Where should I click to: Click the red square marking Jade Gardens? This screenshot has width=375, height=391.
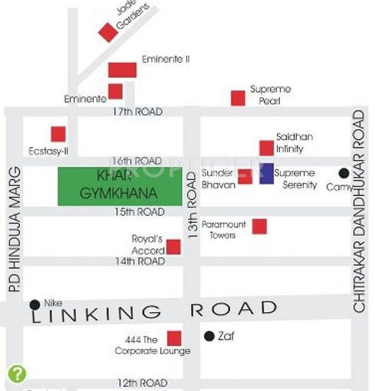click(107, 32)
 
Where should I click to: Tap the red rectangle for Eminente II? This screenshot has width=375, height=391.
click(122, 70)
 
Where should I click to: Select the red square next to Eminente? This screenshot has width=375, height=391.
click(115, 92)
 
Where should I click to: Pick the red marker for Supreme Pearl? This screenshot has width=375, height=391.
click(238, 98)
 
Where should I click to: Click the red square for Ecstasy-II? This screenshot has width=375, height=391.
click(58, 134)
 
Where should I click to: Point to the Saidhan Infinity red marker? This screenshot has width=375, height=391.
click(266, 148)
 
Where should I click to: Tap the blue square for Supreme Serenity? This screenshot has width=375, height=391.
click(266, 174)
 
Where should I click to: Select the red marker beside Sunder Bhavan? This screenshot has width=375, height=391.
click(245, 177)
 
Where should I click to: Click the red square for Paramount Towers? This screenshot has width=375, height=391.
click(259, 226)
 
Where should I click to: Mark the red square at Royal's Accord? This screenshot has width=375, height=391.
click(173, 246)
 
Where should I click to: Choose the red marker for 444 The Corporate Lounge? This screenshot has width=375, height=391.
click(174, 337)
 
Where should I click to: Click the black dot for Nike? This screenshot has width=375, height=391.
click(35, 304)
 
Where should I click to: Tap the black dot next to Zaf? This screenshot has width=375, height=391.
click(209, 335)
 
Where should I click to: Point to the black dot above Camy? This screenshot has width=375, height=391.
click(344, 173)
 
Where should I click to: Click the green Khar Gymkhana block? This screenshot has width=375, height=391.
click(120, 185)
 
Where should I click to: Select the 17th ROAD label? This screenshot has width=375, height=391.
click(137, 112)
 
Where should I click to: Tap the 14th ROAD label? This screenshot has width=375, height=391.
click(140, 262)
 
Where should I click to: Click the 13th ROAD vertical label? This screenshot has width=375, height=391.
click(192, 211)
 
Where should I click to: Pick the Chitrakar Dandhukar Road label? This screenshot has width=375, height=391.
click(359, 210)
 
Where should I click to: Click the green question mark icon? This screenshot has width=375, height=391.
click(16, 373)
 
